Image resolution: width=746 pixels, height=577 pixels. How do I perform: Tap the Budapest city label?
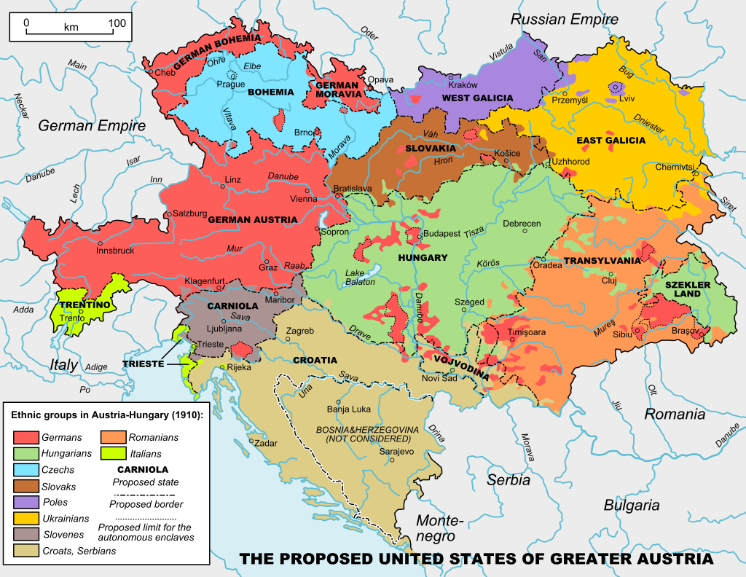tap(442, 234)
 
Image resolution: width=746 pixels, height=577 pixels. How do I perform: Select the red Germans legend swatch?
tap(25, 438)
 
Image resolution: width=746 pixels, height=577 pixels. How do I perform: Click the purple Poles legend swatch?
tap(25, 502)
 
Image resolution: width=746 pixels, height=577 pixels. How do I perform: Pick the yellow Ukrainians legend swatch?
tap(25, 519)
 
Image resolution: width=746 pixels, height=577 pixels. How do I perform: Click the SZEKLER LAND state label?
tap(682, 288)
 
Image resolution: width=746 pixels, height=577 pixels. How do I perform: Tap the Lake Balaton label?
tap(360, 277)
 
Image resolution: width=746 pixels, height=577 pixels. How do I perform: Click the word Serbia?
tap(509, 480)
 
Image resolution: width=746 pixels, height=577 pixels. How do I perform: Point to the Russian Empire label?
tap(564, 20)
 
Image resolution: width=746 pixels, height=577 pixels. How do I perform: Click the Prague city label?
tap(230, 84)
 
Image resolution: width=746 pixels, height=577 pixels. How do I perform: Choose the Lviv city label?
tap(626, 98)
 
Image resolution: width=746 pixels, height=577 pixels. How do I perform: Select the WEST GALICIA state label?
tap(477, 98)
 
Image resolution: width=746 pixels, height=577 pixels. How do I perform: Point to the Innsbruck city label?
tap(115, 251)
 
